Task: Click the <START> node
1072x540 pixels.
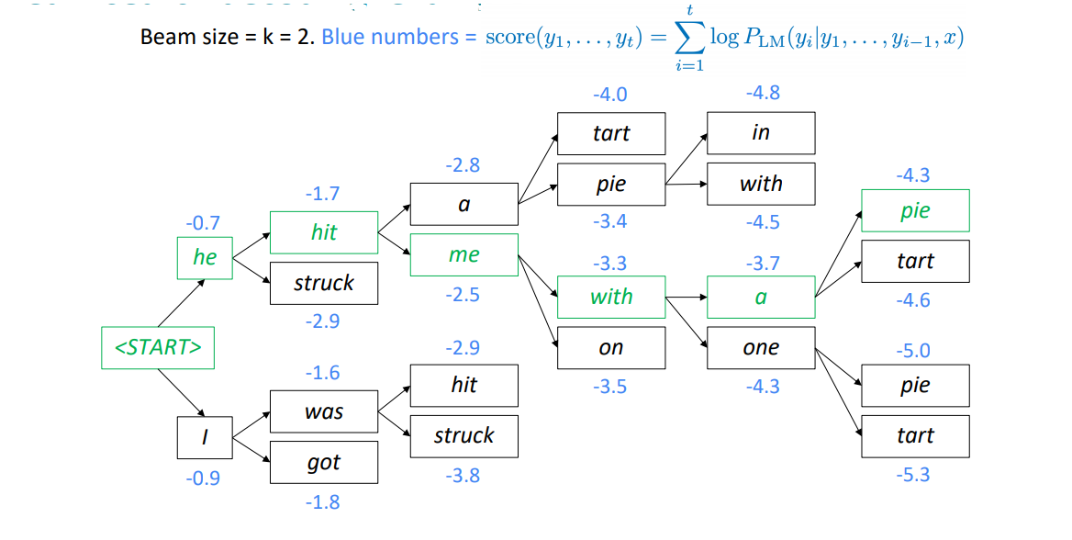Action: (157, 348)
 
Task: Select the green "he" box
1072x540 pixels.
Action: (204, 257)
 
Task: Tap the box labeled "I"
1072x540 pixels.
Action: (204, 438)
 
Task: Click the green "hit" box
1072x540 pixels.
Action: (324, 232)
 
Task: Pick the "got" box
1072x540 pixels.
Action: (324, 463)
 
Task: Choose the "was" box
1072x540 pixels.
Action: (324, 411)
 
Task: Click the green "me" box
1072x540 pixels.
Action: (463, 255)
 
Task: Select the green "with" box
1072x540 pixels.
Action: (611, 297)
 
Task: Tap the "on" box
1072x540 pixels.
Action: (611, 348)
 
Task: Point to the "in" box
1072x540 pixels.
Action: (761, 133)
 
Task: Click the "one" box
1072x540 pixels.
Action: (761, 348)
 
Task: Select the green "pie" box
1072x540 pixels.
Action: (915, 210)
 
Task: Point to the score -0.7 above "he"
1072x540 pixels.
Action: (202, 223)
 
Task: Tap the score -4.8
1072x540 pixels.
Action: (763, 93)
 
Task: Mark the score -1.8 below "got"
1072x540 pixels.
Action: (322, 501)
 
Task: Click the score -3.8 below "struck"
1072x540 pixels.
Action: (463, 476)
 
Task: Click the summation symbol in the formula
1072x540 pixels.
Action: (689, 38)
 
